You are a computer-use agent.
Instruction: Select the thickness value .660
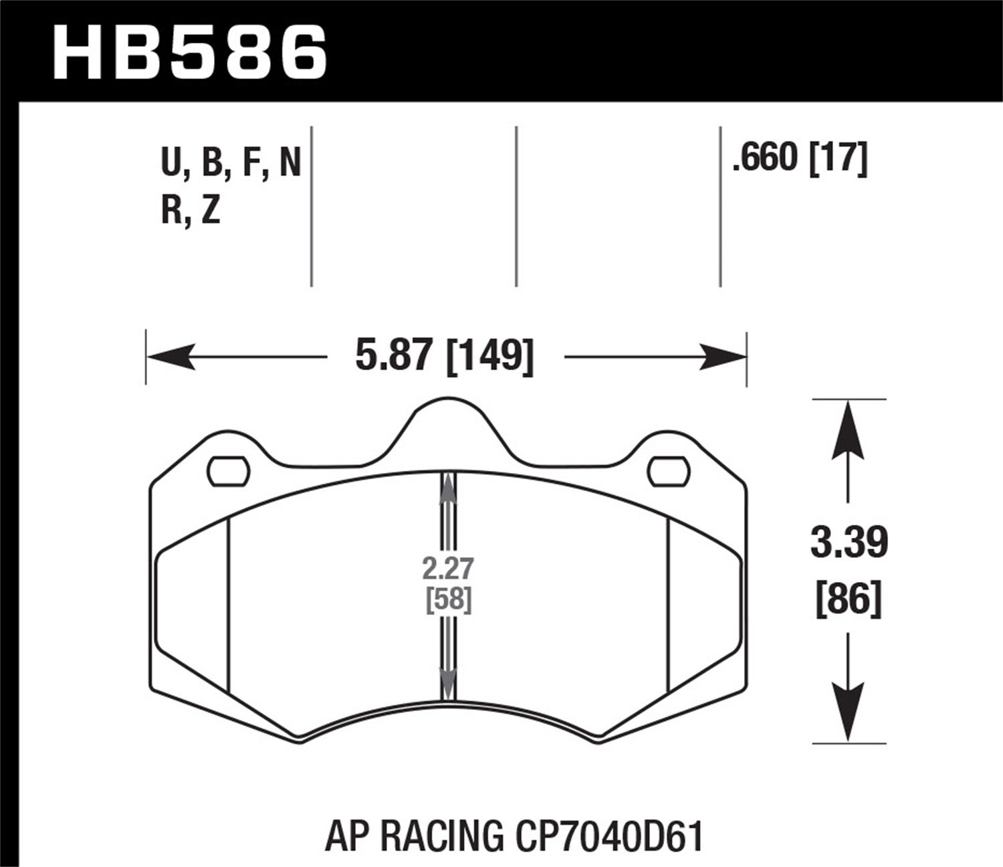click(766, 159)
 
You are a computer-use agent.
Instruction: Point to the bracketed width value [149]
click(490, 356)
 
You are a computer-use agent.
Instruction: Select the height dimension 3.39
click(849, 543)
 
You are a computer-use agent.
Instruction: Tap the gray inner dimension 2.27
click(448, 569)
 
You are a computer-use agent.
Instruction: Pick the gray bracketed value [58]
click(448, 599)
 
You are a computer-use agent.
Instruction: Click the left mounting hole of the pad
click(229, 472)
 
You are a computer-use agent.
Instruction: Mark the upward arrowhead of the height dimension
click(848, 428)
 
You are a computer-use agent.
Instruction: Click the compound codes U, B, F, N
click(231, 163)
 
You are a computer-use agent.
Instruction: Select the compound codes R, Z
click(191, 211)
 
